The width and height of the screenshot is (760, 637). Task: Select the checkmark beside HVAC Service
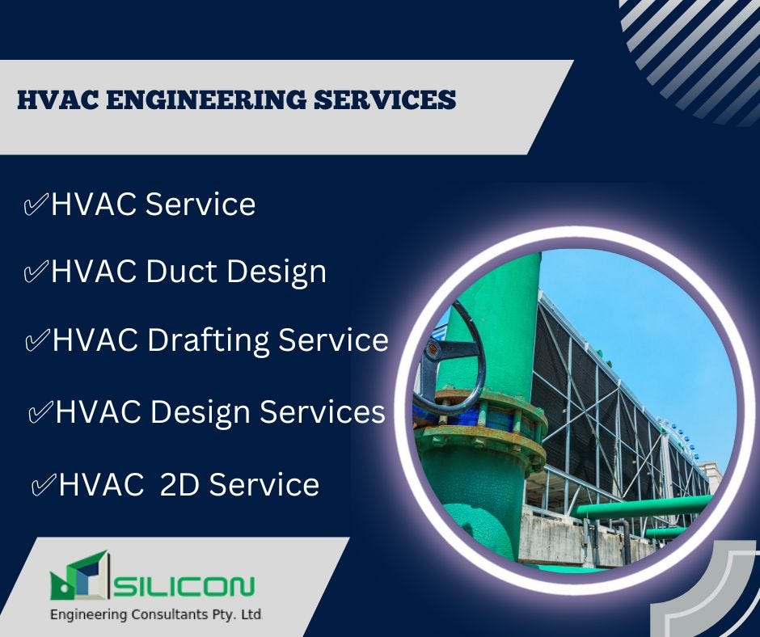(36, 205)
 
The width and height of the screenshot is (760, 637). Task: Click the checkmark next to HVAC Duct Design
(36, 272)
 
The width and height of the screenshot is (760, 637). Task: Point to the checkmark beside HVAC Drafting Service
(37, 341)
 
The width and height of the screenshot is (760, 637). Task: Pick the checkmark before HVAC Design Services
(40, 414)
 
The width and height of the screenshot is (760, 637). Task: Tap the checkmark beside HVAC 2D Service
(43, 486)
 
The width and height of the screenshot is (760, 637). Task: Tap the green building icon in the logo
(79, 576)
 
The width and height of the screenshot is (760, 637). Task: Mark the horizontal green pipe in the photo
(639, 508)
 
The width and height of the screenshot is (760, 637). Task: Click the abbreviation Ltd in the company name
(251, 615)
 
